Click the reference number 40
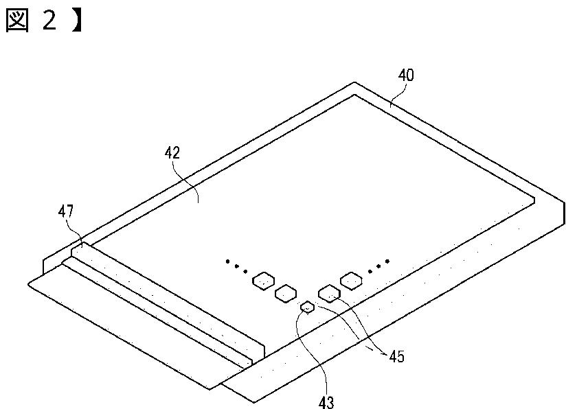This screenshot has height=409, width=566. [x=406, y=75]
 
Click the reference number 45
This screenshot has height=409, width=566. [x=396, y=356]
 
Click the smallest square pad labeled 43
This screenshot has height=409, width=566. [x=308, y=307]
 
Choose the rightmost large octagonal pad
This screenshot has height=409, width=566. [x=351, y=279]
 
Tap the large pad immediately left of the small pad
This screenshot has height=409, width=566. [x=284, y=294]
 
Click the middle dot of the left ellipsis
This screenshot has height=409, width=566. [x=237, y=265]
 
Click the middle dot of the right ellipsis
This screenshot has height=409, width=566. [x=378, y=266]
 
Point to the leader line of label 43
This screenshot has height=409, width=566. [x=298, y=343]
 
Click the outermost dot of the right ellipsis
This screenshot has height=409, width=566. [x=387, y=261]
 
